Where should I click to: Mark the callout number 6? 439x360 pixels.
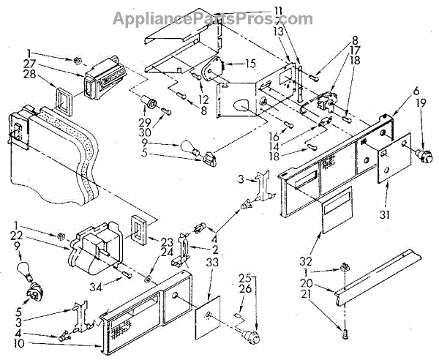pos(395,91)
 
